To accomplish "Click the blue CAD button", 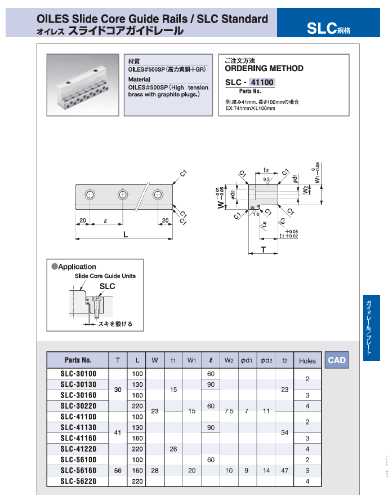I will coord(337,360).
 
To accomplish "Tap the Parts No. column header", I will coord(78,360).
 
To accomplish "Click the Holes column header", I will coord(307,361).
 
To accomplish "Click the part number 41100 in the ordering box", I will coord(262,82).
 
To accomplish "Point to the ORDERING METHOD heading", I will coord(264,68).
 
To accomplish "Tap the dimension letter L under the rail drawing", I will coord(126,233).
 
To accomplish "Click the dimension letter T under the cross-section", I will coord(263,249).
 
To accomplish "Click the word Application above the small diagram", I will coord(77,267).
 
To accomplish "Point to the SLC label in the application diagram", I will coord(107,286).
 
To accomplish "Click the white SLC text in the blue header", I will coord(321,28).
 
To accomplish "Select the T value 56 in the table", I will coord(118,471).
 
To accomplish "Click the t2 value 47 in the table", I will coord(285,471).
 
